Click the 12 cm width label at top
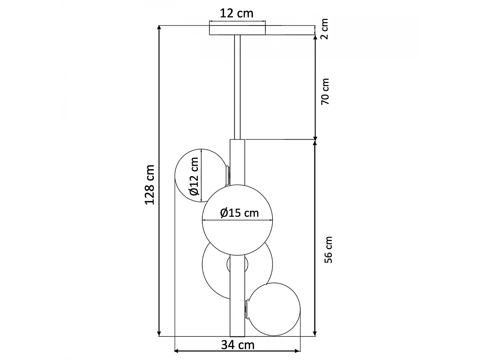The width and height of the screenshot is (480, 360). click(237, 13)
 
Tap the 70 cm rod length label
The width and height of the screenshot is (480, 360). click(325, 91)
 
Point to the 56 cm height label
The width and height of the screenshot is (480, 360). click(328, 250)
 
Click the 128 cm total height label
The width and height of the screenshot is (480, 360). click(149, 185)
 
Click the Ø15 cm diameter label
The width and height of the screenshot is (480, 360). click(239, 213)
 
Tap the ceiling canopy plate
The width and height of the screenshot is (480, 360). click(237, 30)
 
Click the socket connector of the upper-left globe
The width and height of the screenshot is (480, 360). click(228, 175)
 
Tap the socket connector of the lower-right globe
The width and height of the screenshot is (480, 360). click(246, 309)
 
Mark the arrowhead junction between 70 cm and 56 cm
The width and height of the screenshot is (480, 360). click(315, 139)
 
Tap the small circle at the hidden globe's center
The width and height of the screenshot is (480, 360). click(237, 264)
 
